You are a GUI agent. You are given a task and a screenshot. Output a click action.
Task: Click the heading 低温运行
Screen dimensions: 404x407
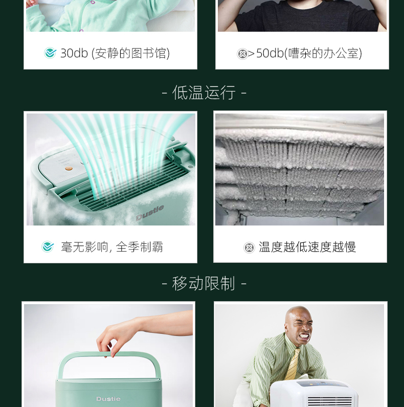(x=204, y=93)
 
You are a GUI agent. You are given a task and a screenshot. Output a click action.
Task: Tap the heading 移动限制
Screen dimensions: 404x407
(x=204, y=283)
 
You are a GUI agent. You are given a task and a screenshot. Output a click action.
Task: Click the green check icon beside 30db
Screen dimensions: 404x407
(x=50, y=53)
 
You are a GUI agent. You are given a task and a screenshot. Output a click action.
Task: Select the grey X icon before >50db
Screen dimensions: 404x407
(x=242, y=54)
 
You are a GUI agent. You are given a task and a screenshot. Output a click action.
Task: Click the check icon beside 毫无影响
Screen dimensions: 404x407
(x=48, y=246)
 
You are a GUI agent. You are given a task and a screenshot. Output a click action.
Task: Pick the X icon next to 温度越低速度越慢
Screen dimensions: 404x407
(x=249, y=247)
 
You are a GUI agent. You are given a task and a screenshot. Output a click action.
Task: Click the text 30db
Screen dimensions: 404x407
(x=74, y=53)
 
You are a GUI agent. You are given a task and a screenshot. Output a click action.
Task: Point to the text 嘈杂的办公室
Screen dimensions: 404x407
(x=324, y=53)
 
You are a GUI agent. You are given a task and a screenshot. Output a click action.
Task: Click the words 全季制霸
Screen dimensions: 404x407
(x=139, y=247)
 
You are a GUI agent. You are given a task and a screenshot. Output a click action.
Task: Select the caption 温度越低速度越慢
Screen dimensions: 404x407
(x=307, y=247)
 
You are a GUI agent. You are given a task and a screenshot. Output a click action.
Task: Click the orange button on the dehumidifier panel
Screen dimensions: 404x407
(x=69, y=169)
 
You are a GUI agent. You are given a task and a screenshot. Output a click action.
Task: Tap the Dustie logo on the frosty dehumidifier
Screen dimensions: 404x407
(x=150, y=213)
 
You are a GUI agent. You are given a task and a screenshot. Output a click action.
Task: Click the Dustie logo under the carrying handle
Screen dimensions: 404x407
(x=108, y=399)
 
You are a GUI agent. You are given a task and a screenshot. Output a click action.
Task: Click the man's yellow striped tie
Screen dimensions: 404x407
(x=293, y=364)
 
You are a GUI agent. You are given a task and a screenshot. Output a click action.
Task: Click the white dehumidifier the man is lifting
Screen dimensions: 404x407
(x=314, y=393)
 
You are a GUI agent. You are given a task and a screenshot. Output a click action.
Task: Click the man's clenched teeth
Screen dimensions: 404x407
(x=304, y=336)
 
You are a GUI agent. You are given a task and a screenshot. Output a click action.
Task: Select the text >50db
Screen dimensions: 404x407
(x=265, y=53)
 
